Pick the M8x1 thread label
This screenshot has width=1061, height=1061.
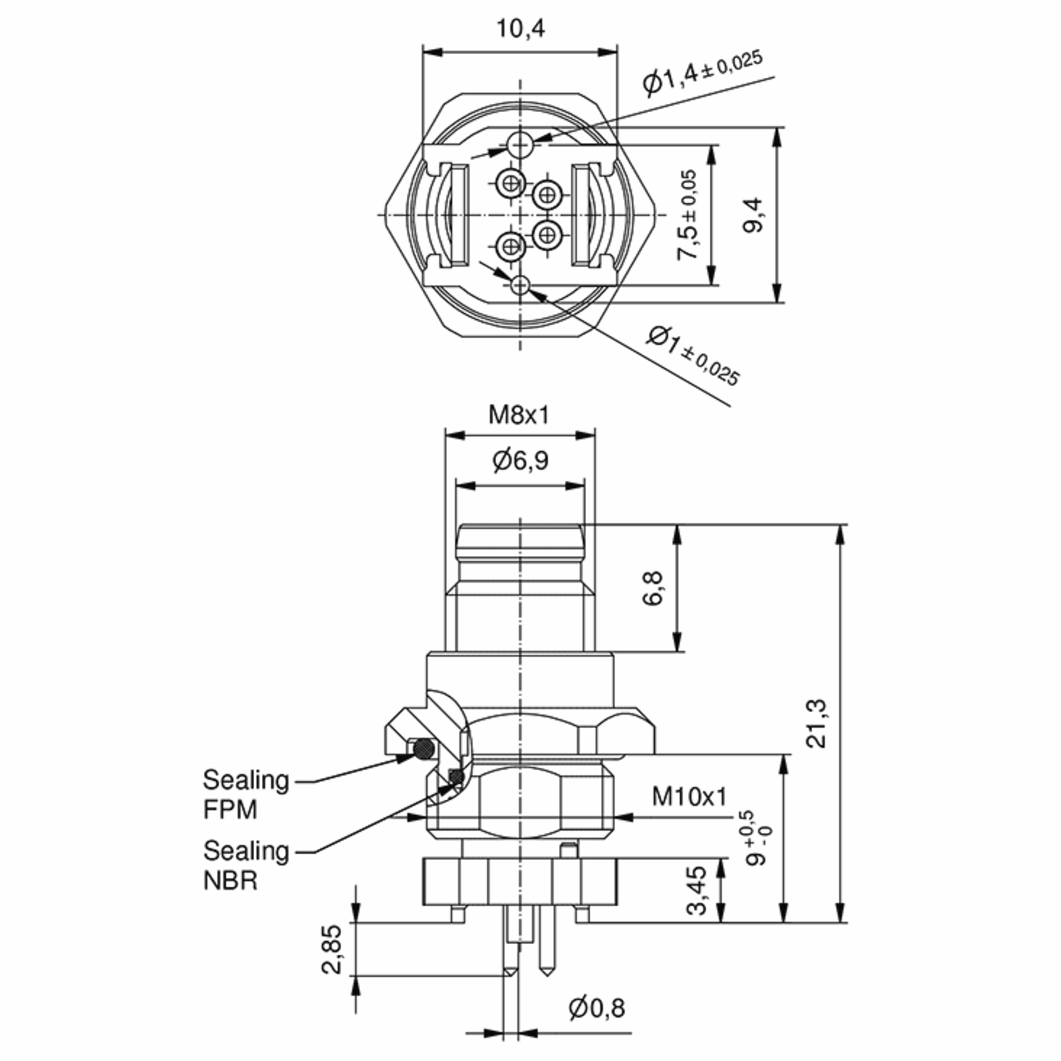click(x=519, y=415)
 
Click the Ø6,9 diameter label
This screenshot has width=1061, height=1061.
click(x=520, y=460)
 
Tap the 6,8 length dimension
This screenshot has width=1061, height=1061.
click(x=653, y=588)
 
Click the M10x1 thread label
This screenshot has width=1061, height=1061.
click(x=689, y=797)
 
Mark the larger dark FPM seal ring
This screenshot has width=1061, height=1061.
click(x=424, y=748)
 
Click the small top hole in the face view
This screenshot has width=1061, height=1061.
click(x=519, y=145)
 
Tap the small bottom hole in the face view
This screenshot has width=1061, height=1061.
click(x=520, y=284)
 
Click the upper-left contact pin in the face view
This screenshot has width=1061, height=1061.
click(x=511, y=183)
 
